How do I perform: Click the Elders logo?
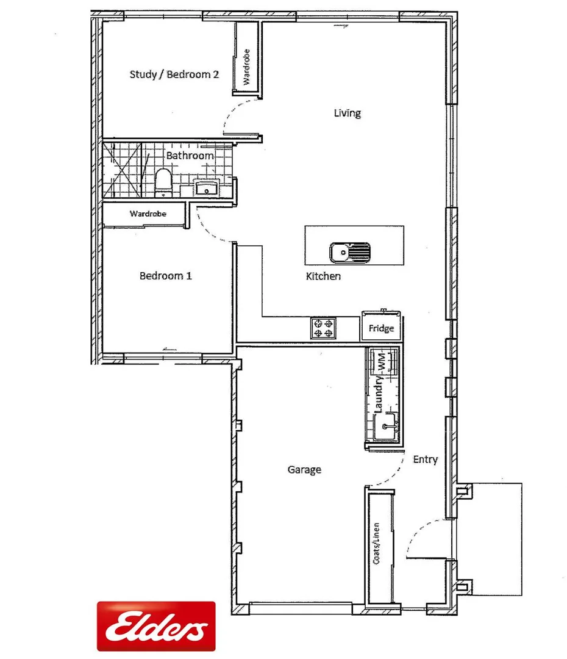pos(156,626)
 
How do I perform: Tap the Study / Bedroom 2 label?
pos(174,74)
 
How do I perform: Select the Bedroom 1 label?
pos(166,276)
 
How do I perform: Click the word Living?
pos(347,113)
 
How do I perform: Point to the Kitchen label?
pos(323,276)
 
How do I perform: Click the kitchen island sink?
pos(350,251)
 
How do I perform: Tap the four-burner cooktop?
pos(323,329)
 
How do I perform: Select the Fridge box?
pos(381,328)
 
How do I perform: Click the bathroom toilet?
pos(163,182)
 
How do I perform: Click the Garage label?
pos(304,470)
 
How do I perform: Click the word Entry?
pos(425,459)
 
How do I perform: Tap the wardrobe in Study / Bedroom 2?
pos(247,60)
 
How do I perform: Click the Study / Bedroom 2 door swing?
pos(235,116)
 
